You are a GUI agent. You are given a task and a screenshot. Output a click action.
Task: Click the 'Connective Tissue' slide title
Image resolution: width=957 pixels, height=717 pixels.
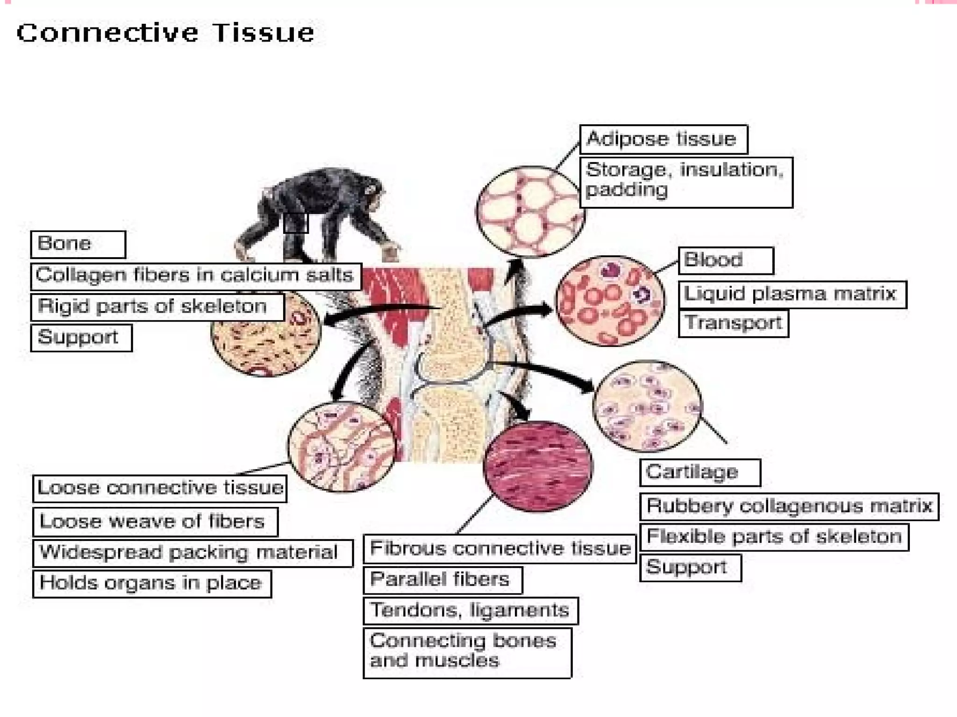pos(165,33)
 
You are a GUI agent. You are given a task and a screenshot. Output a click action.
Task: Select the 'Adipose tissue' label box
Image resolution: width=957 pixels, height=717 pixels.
pos(663,139)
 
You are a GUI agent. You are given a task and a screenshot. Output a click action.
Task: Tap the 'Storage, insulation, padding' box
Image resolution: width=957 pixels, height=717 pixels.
pos(686,182)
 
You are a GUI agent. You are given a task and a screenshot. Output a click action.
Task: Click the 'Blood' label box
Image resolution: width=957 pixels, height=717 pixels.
pos(726,260)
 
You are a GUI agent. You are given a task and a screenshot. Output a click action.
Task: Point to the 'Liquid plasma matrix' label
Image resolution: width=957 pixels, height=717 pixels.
pos(792,295)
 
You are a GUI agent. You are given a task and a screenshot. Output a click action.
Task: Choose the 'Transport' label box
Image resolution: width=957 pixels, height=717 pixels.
pos(733,323)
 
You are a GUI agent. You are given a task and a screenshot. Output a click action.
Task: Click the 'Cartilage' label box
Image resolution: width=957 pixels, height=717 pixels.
pos(700,472)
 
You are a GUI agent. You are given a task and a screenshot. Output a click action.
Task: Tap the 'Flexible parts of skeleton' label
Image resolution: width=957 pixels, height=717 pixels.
pos(774,537)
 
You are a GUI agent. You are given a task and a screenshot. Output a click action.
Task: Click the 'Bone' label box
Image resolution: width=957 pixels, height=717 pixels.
pos(78,244)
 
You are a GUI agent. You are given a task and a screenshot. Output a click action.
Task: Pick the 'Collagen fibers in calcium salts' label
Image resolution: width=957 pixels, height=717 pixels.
pos(196,276)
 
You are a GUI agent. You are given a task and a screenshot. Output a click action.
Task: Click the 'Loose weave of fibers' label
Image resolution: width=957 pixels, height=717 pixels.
pos(155,522)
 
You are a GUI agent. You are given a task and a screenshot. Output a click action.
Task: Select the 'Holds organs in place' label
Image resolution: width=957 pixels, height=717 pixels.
pos(152,583)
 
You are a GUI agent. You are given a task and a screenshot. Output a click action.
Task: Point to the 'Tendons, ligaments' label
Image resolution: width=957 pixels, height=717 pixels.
pos(471,611)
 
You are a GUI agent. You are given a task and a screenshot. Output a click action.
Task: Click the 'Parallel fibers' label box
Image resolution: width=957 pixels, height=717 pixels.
pos(443,580)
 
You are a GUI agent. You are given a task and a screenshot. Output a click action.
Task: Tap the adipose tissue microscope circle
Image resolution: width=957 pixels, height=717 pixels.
pos(530,211)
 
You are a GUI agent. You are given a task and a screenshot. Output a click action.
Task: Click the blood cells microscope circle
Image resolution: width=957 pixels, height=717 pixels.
pos(610,301)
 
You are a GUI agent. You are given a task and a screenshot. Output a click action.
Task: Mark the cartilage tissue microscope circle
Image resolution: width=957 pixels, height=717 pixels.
pos(647,406)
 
